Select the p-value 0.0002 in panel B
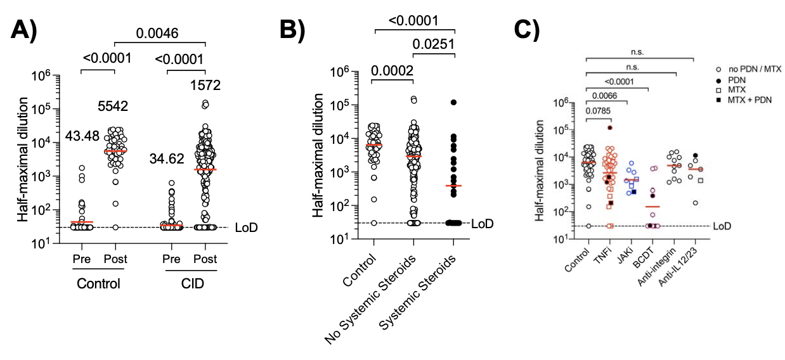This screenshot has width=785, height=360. click(392, 70)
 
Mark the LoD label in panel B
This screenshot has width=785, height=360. click(482, 223)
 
